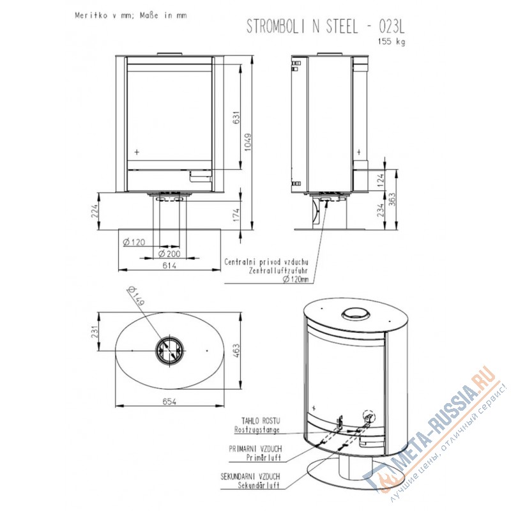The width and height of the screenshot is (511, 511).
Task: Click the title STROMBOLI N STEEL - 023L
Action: (325, 26)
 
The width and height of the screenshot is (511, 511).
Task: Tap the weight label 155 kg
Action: (392, 42)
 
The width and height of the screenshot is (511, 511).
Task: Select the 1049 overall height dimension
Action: (248, 142)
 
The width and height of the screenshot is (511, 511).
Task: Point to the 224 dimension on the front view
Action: (94, 211)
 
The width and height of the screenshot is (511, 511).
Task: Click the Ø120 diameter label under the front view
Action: (134, 242)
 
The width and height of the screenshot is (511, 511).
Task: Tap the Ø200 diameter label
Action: (169, 254)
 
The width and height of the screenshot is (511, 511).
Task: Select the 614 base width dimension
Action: (169, 265)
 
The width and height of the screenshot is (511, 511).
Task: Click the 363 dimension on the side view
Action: (392, 199)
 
